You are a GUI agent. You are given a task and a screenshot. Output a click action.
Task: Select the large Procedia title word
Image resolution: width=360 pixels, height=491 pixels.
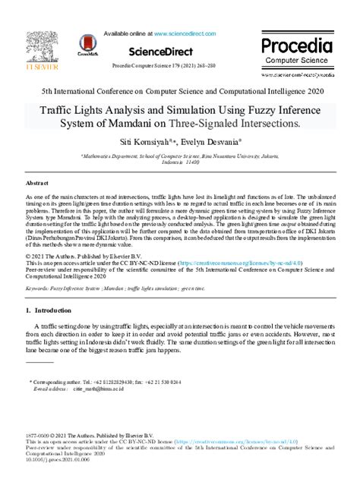click(297, 46)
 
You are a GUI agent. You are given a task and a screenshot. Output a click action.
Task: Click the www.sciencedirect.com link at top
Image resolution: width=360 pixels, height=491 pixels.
click(186, 34)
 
